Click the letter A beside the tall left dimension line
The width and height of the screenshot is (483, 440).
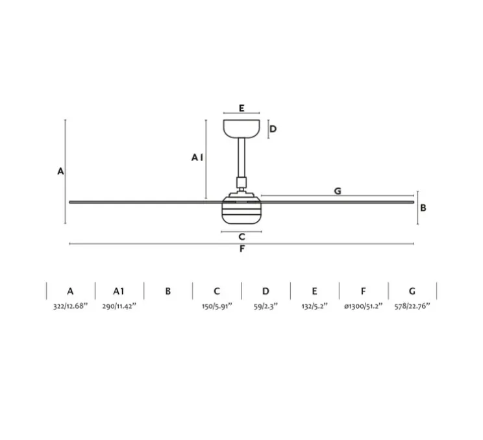click(x=60, y=171)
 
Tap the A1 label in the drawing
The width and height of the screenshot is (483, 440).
click(x=198, y=157)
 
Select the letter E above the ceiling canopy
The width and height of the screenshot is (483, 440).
click(x=241, y=108)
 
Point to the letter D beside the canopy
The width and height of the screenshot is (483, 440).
click(x=273, y=128)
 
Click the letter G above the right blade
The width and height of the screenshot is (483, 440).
click(x=338, y=191)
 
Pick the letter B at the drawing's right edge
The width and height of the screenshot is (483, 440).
click(x=423, y=208)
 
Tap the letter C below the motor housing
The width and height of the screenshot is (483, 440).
click(x=241, y=237)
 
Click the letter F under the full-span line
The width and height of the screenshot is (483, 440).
click(x=242, y=249)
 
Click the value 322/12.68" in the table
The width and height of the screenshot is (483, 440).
click(x=71, y=305)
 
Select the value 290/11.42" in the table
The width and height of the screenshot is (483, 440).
click(x=119, y=305)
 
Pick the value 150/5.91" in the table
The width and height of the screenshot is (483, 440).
click(x=217, y=305)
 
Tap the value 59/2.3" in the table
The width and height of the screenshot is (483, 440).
click(x=266, y=305)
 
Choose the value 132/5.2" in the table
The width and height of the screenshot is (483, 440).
click(x=314, y=305)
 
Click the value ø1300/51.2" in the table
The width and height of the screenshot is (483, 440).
click(x=364, y=305)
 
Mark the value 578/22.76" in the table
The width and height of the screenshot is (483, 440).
click(x=412, y=305)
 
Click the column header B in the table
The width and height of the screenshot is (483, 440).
click(x=167, y=291)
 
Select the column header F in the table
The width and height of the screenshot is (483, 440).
click(x=364, y=291)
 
